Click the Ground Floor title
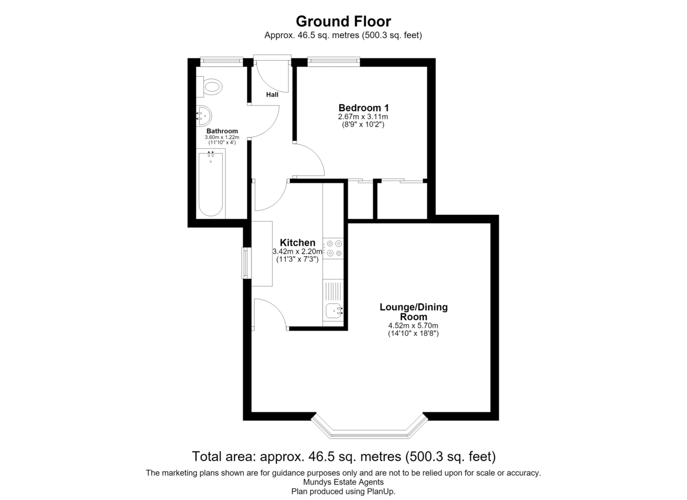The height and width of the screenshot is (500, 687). click(343, 21)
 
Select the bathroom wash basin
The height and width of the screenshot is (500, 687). click(204, 116)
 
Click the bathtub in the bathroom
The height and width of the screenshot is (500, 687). click(211, 184)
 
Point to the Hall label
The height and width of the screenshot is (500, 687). click(272, 95)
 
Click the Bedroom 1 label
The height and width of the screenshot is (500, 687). click(364, 108)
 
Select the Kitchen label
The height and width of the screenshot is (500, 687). click(298, 243)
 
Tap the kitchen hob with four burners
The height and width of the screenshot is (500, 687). click(333, 248)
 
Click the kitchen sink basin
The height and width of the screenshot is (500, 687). click(334, 311)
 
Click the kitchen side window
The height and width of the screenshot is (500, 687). click(247, 263)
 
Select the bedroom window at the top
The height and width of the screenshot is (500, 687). click(334, 62)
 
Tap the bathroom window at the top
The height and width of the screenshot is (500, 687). click(222, 62)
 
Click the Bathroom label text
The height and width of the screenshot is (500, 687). click(222, 131)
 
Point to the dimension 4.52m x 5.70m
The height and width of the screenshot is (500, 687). click(413, 325)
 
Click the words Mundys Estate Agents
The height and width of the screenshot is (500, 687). click(343, 482)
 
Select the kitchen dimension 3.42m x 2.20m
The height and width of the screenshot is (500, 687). click(298, 251)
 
